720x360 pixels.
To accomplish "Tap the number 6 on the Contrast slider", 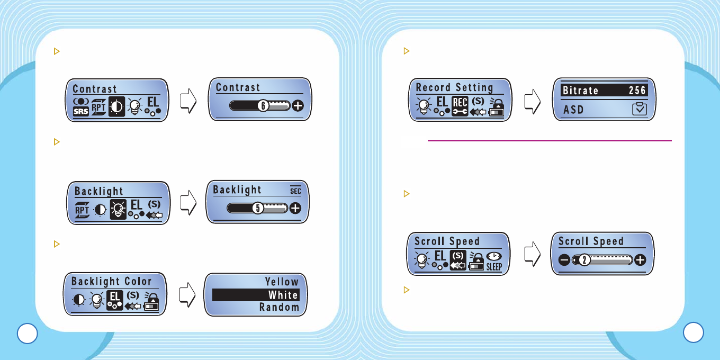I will [x=262, y=106].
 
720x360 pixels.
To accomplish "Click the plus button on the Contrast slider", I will [x=299, y=106].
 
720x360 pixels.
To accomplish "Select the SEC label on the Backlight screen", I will [x=295, y=191].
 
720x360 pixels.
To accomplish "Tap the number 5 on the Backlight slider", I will [x=258, y=208].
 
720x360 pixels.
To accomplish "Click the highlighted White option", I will [x=283, y=295].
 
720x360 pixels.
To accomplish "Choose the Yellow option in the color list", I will [x=282, y=282].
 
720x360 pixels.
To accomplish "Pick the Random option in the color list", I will [x=279, y=307].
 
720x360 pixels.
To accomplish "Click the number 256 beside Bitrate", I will [x=637, y=91].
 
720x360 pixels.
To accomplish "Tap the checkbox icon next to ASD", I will [x=639, y=110].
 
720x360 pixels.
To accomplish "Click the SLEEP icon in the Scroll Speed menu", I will [x=493, y=262].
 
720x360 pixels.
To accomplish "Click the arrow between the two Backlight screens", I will [x=188, y=203].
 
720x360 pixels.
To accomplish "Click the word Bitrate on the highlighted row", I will [x=580, y=91].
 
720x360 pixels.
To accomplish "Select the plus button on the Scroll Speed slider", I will [x=641, y=260].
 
